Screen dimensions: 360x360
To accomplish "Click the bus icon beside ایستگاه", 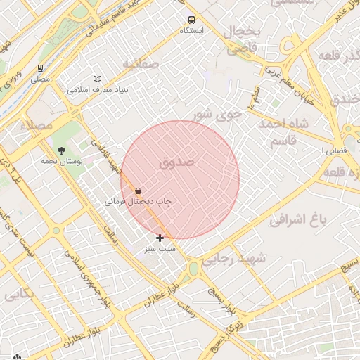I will pos(191,20).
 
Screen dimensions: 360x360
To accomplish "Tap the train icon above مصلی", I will pos(40,69).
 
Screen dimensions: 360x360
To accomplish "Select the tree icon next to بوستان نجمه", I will pos(61,150).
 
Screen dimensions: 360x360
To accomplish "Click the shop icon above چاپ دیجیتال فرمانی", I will pos(137,191).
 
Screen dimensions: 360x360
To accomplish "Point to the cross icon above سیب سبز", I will pos(160,238).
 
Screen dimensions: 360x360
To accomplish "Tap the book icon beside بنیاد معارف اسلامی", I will pos(97,79).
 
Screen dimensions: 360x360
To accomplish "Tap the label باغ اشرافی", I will pos(299,219).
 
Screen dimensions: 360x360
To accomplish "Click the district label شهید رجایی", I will pos(243,259).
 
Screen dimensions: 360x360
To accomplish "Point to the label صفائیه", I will pos(141,64).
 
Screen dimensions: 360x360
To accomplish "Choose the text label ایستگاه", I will pos(191,31).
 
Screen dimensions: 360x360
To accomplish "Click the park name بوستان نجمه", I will pos(61,161).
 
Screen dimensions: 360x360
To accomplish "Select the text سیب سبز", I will pos(160,249).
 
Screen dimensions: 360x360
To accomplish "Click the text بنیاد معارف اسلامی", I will pos(97,89).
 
